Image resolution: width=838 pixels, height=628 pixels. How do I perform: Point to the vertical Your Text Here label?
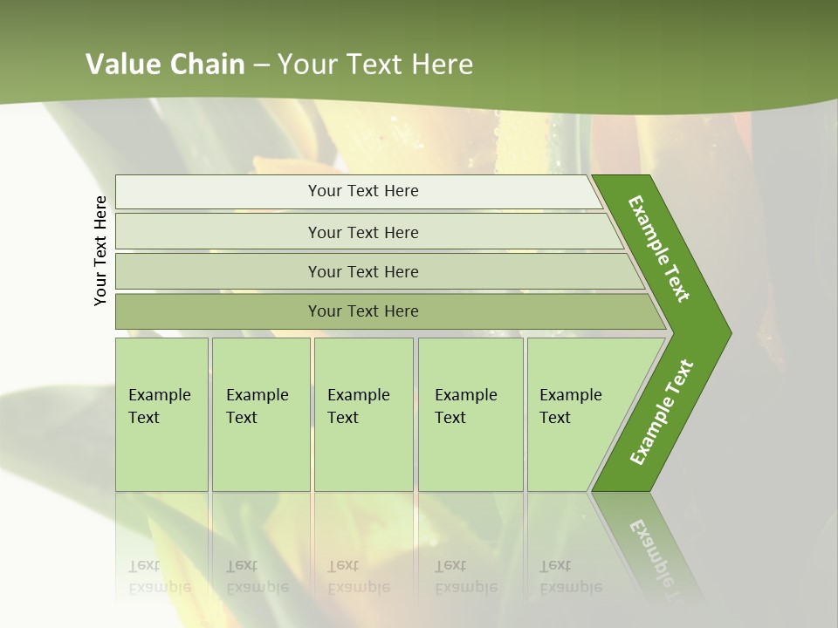[100, 250]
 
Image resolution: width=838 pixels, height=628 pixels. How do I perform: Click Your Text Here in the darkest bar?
[363, 311]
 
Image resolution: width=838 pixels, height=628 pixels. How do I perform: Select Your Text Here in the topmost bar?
[363, 191]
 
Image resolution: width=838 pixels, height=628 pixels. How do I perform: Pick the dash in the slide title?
[261, 65]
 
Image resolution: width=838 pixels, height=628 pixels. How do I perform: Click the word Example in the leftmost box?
[159, 395]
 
